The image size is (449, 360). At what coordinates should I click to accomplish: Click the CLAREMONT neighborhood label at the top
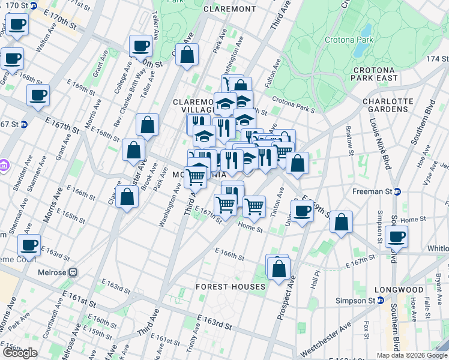[x=230, y=9]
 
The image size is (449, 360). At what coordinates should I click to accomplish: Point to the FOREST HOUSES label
[x=231, y=287]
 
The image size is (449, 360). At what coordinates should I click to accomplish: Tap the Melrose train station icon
[x=73, y=272]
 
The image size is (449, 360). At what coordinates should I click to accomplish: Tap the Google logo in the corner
[x=20, y=353]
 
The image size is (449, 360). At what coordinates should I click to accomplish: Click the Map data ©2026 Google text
[x=411, y=355]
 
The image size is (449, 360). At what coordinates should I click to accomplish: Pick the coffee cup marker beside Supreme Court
[x=29, y=244]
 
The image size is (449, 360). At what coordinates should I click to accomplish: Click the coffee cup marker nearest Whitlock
[x=396, y=236]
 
